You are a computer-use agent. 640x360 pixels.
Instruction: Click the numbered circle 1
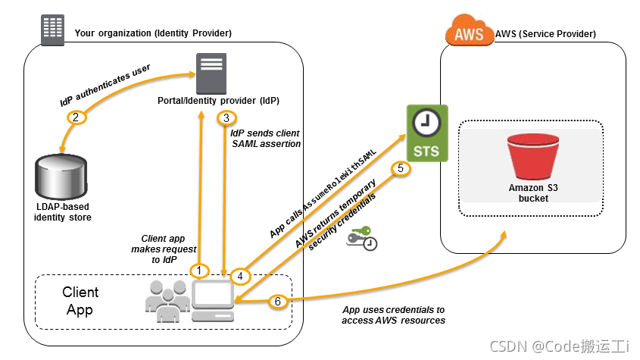coord(199,270)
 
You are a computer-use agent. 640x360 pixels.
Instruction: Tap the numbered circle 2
coord(75,117)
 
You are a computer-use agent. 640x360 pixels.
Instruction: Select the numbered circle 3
coord(226,118)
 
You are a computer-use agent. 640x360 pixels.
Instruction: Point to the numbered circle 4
coord(240,276)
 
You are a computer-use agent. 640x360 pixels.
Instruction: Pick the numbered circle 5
coord(401,168)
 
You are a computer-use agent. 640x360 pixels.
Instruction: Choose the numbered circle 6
coord(277,302)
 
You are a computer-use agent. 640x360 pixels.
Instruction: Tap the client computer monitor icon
coord(212,298)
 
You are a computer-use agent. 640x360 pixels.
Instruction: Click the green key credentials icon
coord(361,238)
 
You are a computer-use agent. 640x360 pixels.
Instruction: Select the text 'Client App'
coord(80,300)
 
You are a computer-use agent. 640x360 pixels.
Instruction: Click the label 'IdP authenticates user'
coord(105,83)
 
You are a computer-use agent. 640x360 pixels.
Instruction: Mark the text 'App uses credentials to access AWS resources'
coord(393,315)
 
